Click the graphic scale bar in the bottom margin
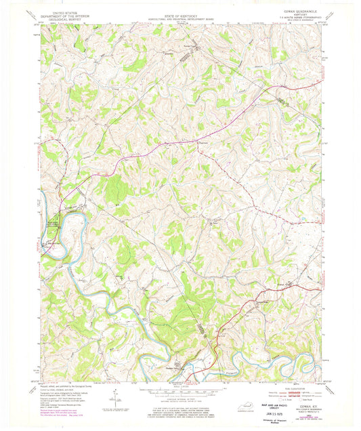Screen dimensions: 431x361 click(x=179, y=394)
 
